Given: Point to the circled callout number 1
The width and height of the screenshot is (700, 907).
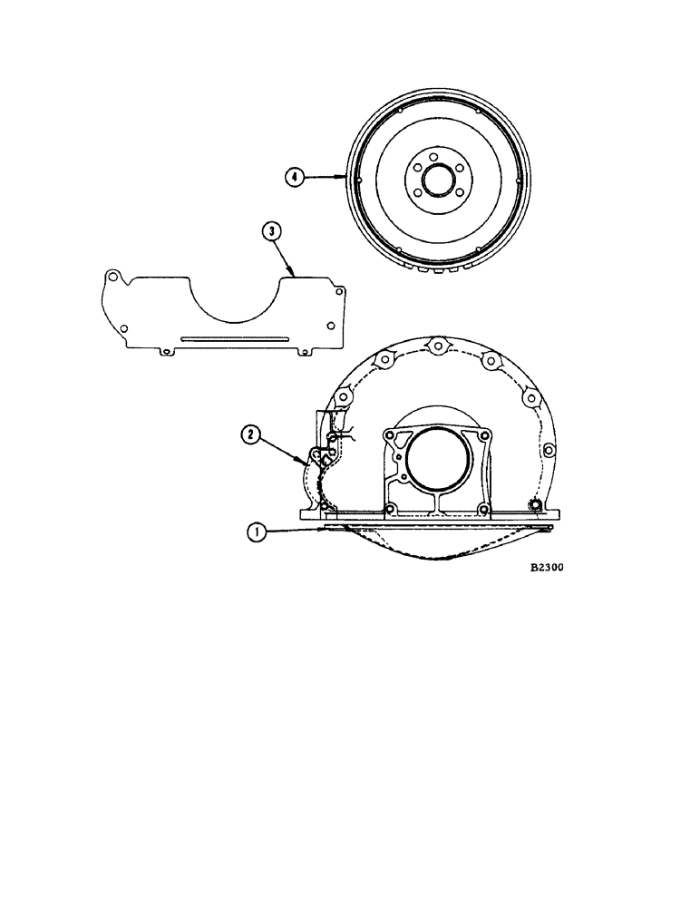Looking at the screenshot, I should pos(258,534).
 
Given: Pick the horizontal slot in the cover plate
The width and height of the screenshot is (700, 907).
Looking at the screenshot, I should pos(234,338).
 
